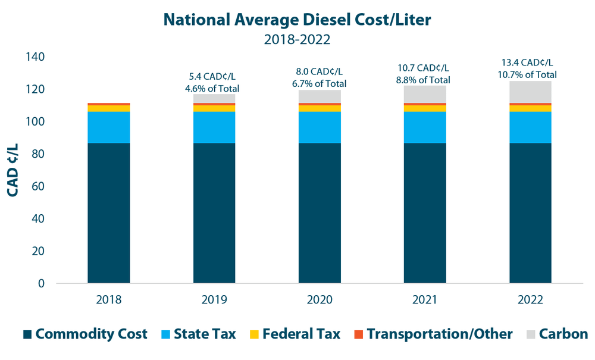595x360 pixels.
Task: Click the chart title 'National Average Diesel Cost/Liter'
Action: tap(297, 20)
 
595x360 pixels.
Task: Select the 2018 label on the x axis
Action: tap(108, 300)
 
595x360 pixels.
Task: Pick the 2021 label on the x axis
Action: tap(425, 300)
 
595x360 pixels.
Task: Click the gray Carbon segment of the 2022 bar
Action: tap(530, 92)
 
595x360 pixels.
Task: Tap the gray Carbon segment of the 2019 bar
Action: tap(214, 98)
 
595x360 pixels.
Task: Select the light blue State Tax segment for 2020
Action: tap(320, 127)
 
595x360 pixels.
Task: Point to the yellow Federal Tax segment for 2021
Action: tap(425, 108)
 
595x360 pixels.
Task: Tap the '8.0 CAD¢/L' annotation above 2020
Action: tap(320, 72)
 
